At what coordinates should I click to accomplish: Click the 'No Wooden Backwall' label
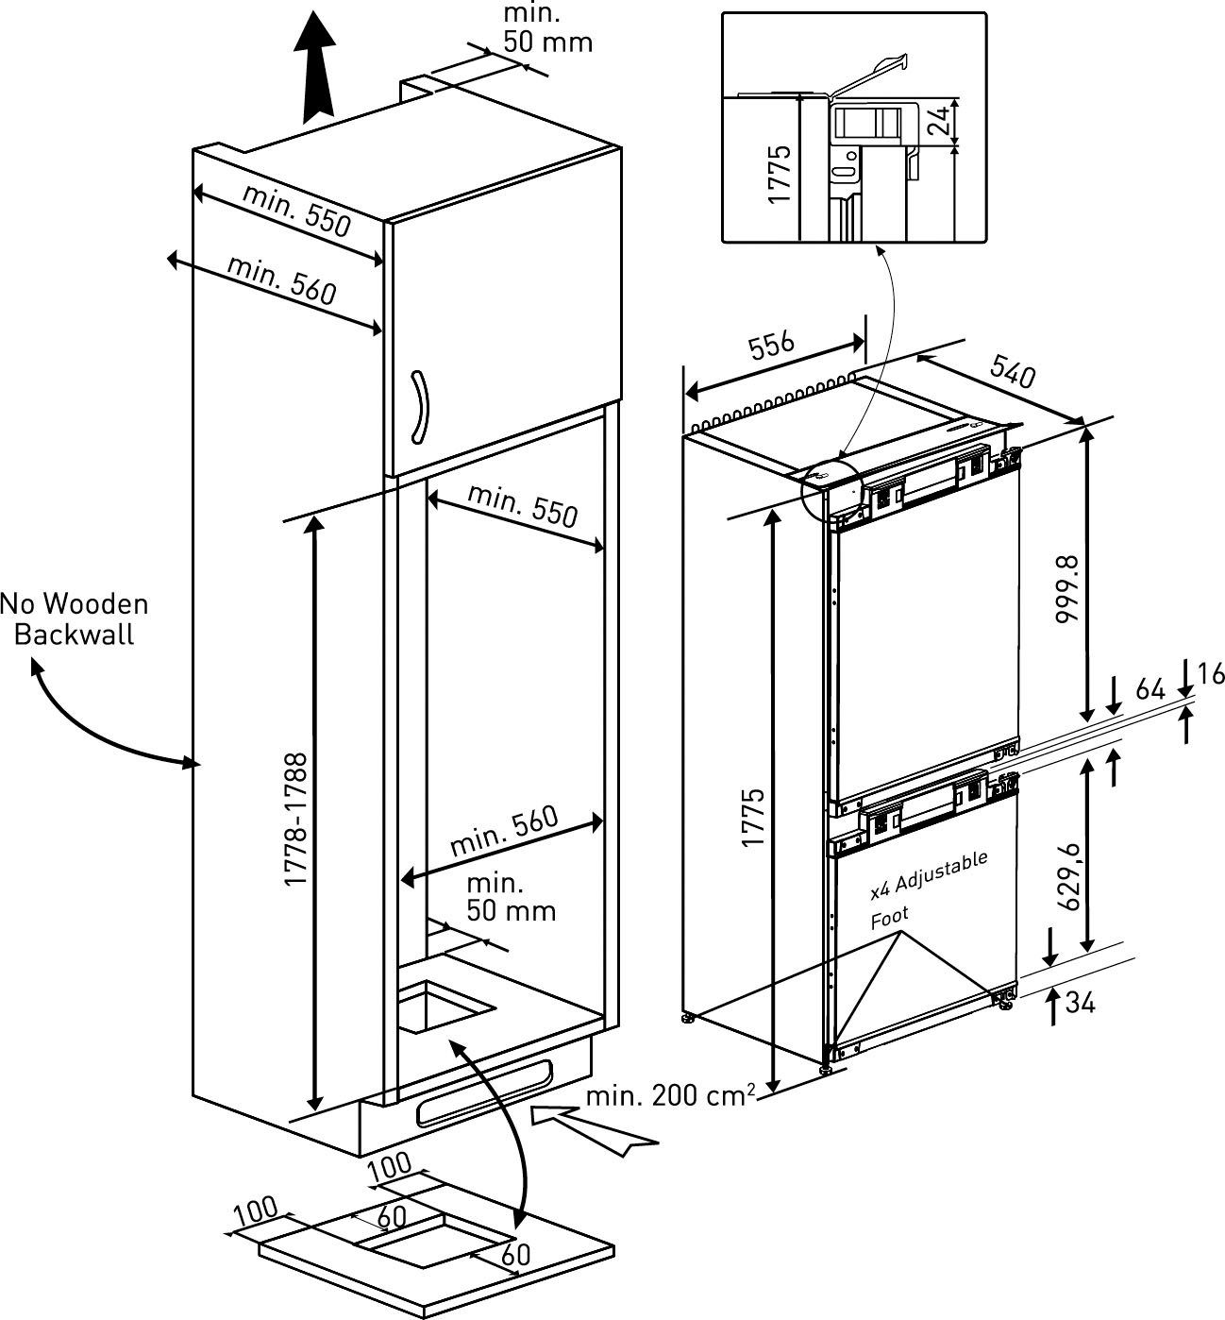point(75,619)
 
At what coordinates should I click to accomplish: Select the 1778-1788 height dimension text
point(296,819)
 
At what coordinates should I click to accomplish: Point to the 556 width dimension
point(771,345)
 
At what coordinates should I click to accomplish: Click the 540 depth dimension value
point(1013,371)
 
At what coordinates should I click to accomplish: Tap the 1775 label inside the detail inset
point(779,175)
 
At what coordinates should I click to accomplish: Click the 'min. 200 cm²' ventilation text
point(671,1095)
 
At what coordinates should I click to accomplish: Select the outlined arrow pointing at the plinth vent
point(595,1130)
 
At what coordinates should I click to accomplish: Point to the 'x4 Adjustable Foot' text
point(929,891)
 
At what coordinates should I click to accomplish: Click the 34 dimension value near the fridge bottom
point(1080,1003)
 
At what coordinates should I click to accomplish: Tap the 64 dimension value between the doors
point(1149,690)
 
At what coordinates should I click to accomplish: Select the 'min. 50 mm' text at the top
point(547,26)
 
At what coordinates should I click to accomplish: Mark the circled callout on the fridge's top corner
point(832,490)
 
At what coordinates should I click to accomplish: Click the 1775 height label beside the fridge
point(754,818)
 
